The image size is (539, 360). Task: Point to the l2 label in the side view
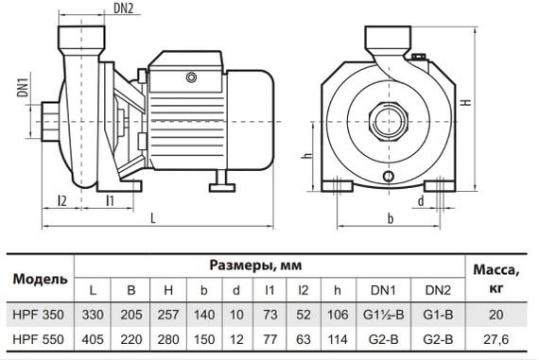(61, 199)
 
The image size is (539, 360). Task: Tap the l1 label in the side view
(110, 199)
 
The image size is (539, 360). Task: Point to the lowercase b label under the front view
(389, 219)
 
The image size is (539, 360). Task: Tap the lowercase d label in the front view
(419, 200)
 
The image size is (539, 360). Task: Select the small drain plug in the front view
(388, 178)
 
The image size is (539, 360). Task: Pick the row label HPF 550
(40, 336)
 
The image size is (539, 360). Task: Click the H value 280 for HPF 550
(166, 336)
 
